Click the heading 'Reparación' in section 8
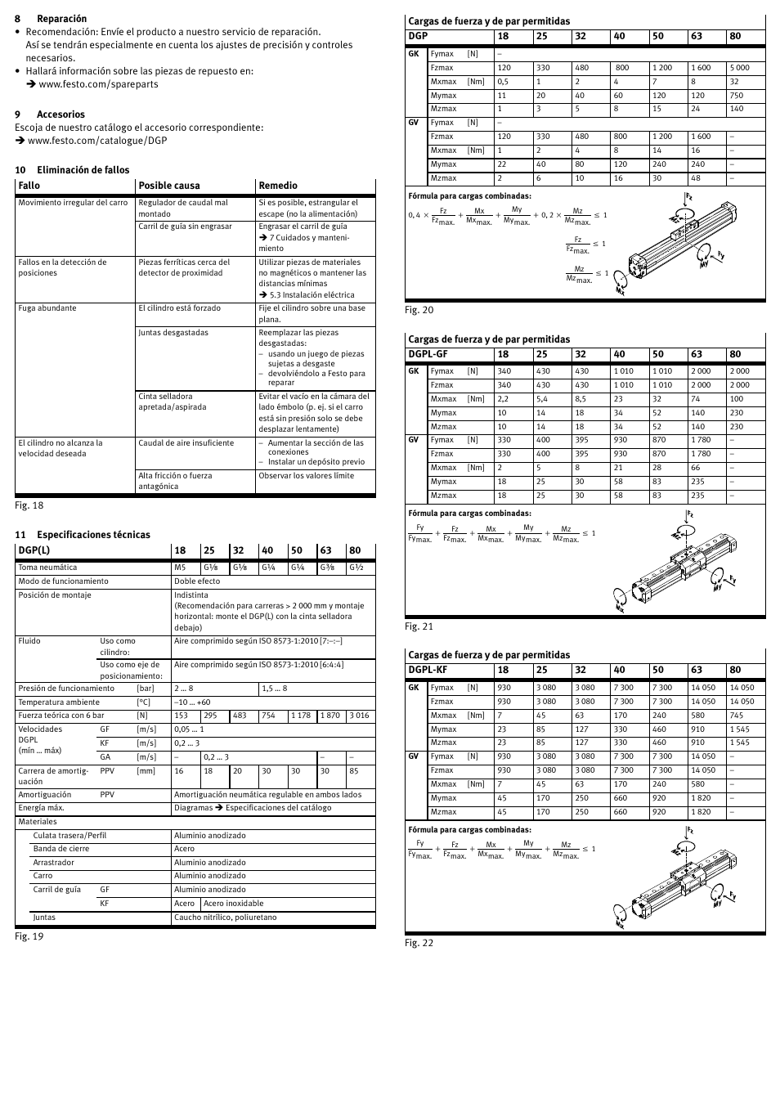click(61, 19)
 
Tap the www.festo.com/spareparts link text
click(98, 84)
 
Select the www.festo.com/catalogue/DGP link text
click(97, 141)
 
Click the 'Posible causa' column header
click(168, 186)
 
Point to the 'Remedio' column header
click(278, 186)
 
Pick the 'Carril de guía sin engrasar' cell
click(185, 227)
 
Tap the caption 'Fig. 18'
click(29, 505)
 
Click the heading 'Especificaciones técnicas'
click(93, 535)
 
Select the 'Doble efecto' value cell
click(197, 581)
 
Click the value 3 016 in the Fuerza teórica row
click(359, 716)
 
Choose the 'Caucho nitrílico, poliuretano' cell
click(225, 918)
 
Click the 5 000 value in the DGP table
click(739, 68)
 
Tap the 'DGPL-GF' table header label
click(428, 354)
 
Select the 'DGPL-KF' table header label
click(428, 670)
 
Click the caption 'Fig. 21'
click(419, 626)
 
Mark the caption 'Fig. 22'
click(419, 943)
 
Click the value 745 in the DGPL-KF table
click(737, 716)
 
